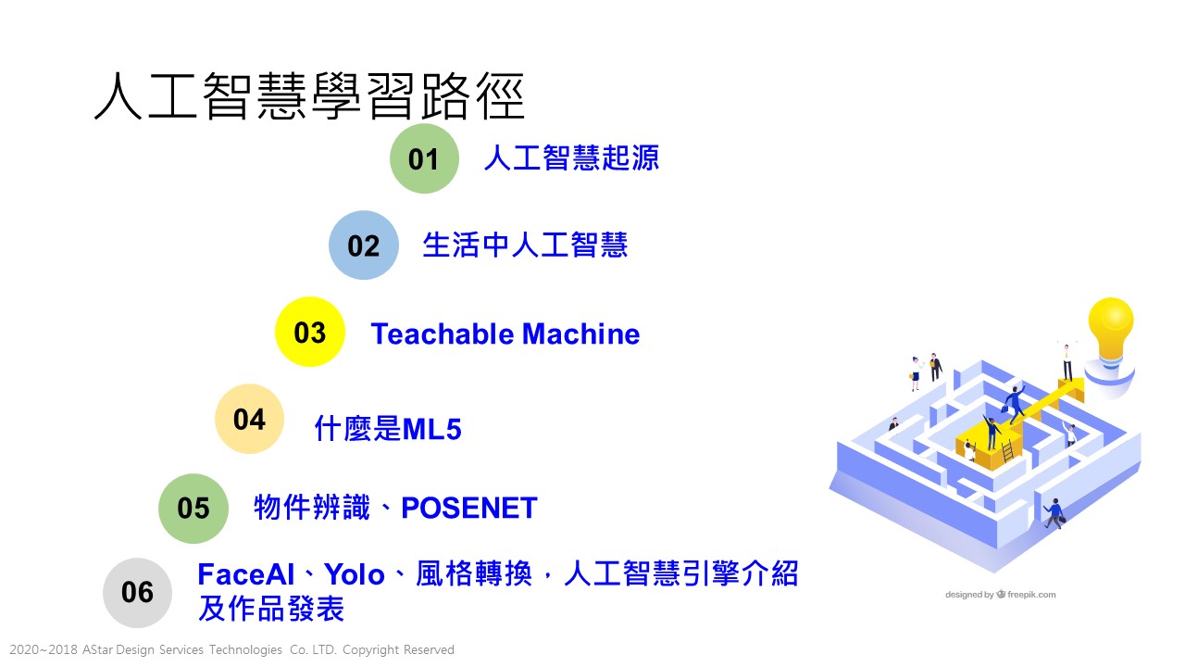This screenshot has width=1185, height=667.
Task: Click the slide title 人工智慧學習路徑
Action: pyautogui.click(x=309, y=96)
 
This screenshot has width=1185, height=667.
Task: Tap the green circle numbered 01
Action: pyautogui.click(x=424, y=158)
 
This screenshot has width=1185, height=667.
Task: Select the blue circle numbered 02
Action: pyautogui.click(x=364, y=245)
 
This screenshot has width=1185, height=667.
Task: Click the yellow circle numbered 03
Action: pyautogui.click(x=310, y=332)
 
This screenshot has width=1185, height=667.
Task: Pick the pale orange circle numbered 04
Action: pyautogui.click(x=249, y=419)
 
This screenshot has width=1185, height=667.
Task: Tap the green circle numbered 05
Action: pyautogui.click(x=193, y=509)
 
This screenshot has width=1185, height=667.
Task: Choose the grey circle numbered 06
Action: pyautogui.click(x=138, y=593)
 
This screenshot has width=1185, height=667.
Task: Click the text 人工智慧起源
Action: pyautogui.click(x=571, y=157)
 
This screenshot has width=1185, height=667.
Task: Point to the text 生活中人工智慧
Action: pyautogui.click(x=525, y=245)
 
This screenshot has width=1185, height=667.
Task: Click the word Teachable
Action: pyautogui.click(x=443, y=334)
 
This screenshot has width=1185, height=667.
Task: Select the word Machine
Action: pyautogui.click(x=580, y=334)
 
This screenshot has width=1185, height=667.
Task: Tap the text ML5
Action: pyautogui.click(x=431, y=429)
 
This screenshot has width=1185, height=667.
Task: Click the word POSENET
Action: pyautogui.click(x=469, y=508)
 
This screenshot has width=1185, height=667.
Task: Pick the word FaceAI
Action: pyautogui.click(x=246, y=574)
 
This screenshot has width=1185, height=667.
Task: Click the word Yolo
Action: pyautogui.click(x=354, y=574)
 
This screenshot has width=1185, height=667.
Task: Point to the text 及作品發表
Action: pyautogui.click(x=271, y=609)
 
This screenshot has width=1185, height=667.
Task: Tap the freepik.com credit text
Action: pyautogui.click(x=1031, y=595)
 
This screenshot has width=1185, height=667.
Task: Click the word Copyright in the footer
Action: pyautogui.click(x=370, y=650)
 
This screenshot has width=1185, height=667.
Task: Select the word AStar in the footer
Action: pyautogui.click(x=97, y=649)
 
